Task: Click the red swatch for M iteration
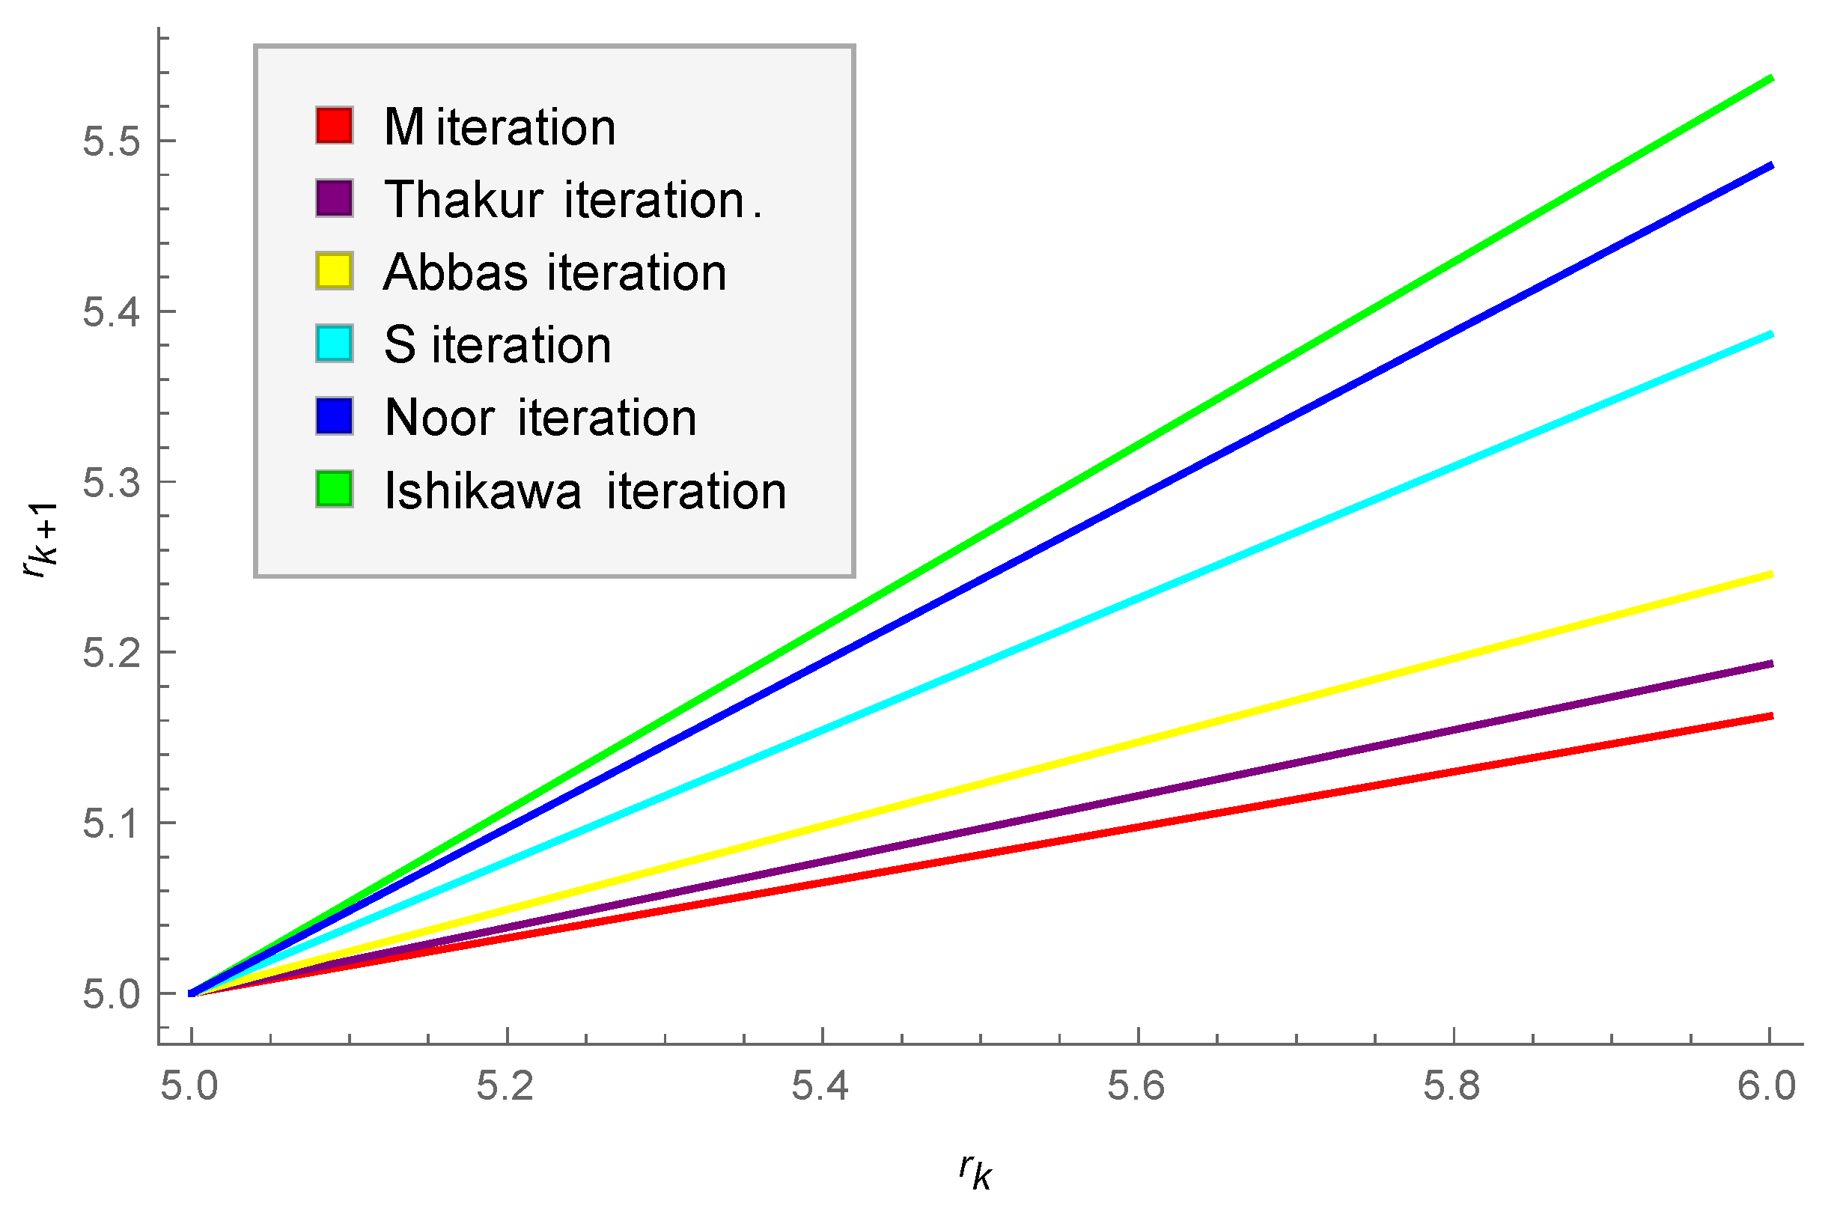334,126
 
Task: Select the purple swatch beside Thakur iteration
334,198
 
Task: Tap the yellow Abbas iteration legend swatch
334,271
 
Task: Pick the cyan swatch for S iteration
334,344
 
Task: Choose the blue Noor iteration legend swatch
334,416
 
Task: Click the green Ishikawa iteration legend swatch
334,490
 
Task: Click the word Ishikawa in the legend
483,491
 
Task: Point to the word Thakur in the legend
463,200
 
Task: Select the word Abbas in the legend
455,272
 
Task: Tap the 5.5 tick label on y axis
112,142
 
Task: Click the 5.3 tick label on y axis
112,483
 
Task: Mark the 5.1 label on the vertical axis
112,823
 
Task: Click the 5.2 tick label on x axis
505,1086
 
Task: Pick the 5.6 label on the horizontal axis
1136,1086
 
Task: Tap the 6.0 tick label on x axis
1766,1086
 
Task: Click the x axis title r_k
975,1171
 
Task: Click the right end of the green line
1772,79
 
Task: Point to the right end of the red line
1772,716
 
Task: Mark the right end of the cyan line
1772,335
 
